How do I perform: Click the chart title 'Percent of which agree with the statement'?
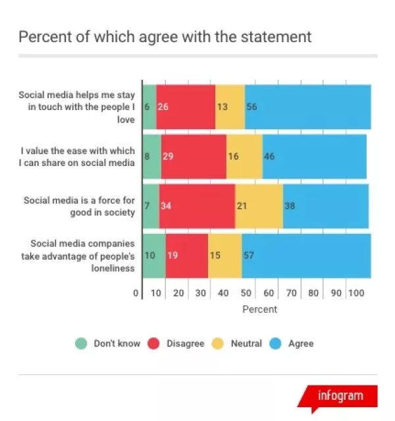tap(165, 36)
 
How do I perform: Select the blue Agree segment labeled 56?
tap(307, 107)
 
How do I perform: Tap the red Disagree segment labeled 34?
tap(197, 206)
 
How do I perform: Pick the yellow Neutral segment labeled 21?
tap(259, 206)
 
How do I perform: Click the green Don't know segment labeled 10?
tap(154, 255)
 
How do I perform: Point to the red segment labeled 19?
tap(186, 255)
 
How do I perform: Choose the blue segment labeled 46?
tap(314, 156)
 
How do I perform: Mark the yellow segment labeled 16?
tap(244, 156)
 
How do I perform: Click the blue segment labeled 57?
tap(305, 255)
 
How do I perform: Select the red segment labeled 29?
tap(194, 156)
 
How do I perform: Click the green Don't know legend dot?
tap(81, 343)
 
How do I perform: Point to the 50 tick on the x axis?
tap(246, 293)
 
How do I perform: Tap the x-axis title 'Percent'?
tap(259, 309)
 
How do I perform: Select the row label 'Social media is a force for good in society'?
tap(79, 206)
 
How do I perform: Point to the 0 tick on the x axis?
tap(136, 293)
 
